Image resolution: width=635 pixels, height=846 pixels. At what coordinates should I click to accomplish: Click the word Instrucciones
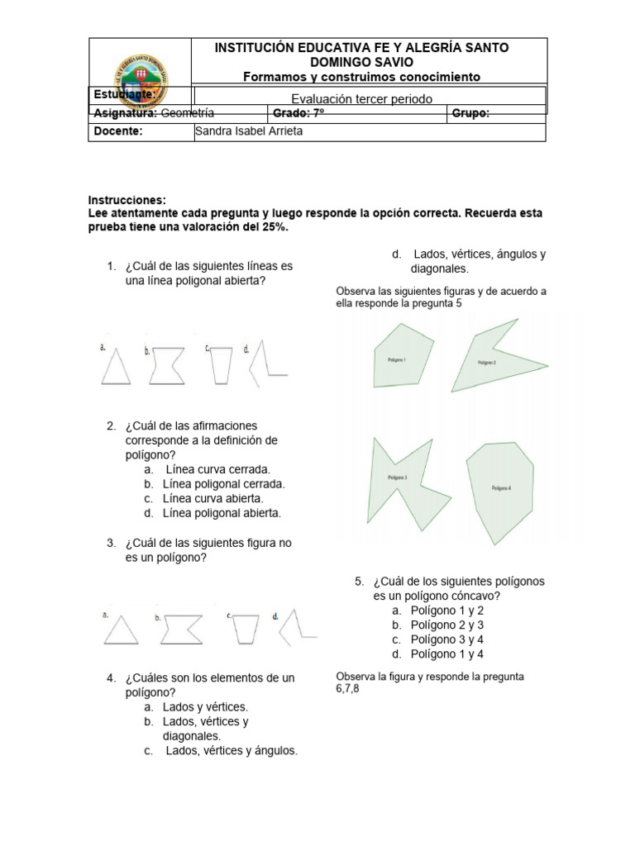[x=127, y=201]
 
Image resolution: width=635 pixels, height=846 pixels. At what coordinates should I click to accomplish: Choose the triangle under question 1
[x=117, y=366]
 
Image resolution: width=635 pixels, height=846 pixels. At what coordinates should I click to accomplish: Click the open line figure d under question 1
[x=269, y=364]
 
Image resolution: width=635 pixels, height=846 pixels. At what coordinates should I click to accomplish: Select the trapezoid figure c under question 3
[x=245, y=631]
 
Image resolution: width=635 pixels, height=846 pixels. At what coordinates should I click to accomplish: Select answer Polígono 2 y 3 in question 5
[x=446, y=625]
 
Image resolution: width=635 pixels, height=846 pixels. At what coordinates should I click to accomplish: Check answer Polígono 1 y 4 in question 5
[x=446, y=654]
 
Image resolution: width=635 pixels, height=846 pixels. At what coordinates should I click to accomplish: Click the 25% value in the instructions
[x=275, y=227]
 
